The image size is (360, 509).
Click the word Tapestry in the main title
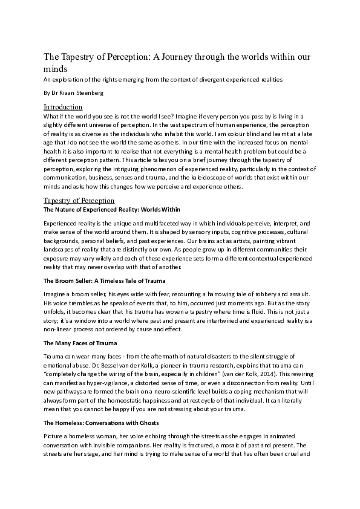click(x=79, y=57)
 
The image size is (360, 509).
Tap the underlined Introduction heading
click(x=64, y=107)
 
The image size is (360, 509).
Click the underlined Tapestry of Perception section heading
click(x=79, y=200)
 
